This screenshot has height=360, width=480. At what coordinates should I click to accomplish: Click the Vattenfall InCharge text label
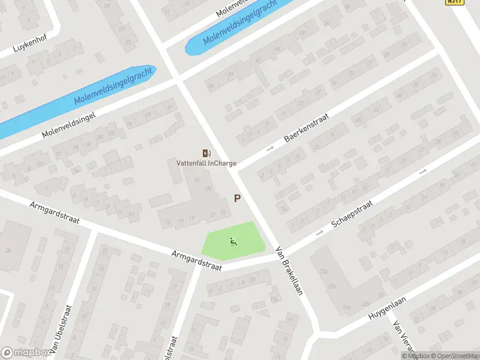206,163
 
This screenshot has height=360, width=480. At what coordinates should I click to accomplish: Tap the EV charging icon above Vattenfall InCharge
206,153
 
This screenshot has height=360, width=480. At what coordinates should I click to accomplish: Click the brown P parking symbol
238,198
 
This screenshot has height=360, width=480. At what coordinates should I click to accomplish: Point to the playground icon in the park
233,242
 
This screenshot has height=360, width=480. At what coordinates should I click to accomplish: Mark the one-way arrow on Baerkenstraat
270,148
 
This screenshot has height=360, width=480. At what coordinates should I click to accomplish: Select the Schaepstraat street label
353,215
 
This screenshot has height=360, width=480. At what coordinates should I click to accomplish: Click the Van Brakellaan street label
289,271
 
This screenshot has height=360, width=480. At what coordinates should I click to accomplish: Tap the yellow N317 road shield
455,2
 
